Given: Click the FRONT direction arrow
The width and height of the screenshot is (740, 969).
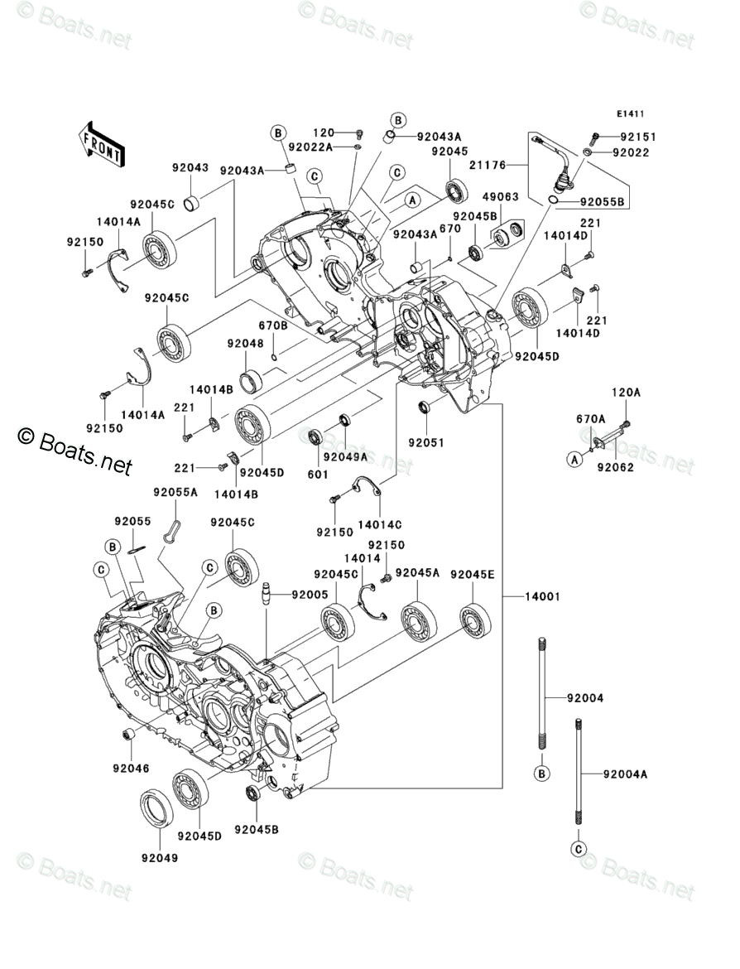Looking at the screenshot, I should tap(102, 142).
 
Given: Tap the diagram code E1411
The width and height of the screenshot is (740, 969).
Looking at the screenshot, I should tap(629, 114).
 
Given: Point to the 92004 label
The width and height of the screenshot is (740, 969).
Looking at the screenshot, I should tap(585, 698).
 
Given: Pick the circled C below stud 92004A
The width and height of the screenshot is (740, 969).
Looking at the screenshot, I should tap(578, 849).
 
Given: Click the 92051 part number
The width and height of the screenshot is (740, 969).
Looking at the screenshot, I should tap(425, 442).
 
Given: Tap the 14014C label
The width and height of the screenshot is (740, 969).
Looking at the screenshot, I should tap(380, 523).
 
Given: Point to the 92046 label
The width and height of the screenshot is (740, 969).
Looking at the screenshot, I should tap(132, 768).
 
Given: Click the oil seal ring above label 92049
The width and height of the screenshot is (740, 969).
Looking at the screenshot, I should tap(156, 809).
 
